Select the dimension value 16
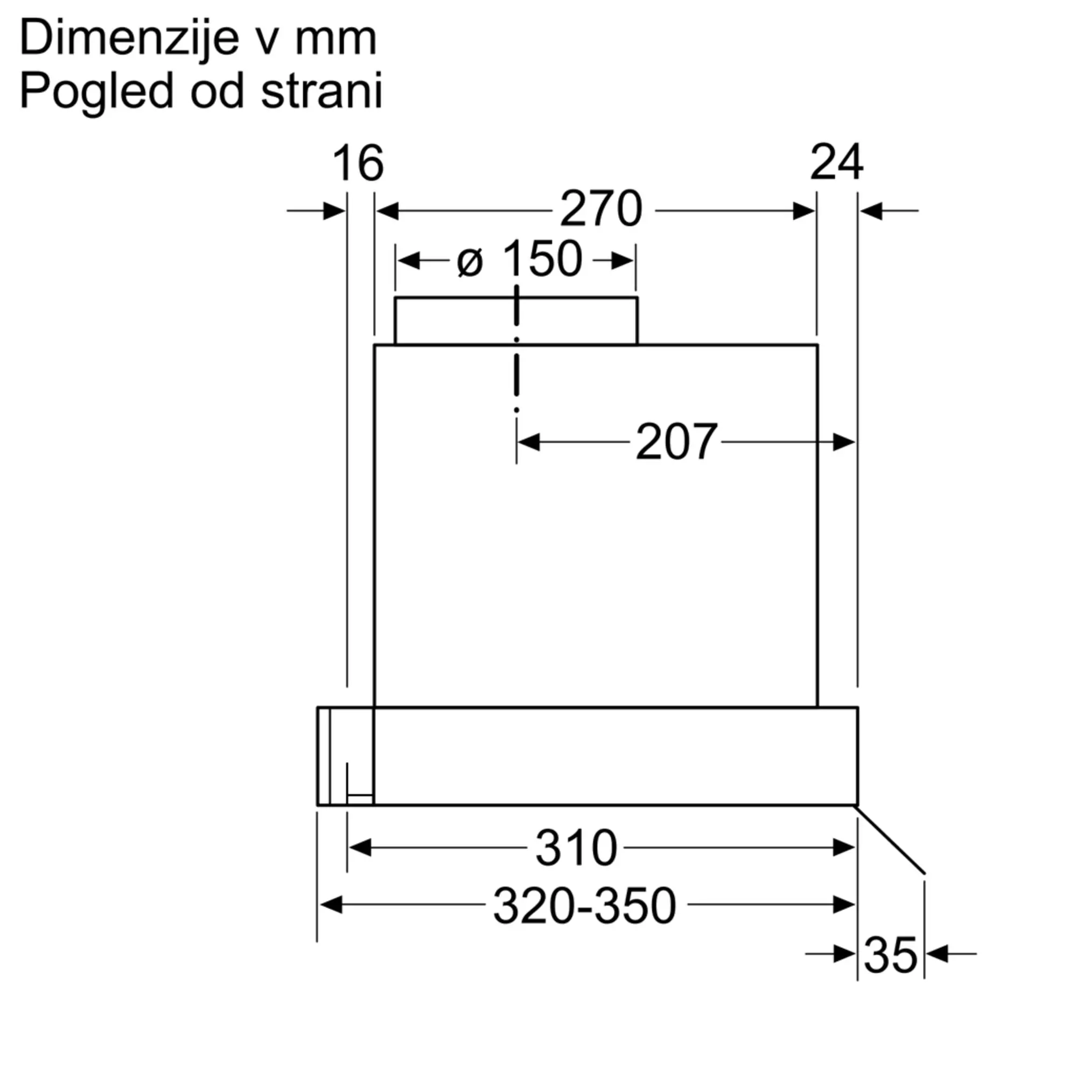(358, 163)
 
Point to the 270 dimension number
(601, 209)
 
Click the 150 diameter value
(542, 259)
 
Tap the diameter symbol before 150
(470, 262)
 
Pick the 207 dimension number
(676, 442)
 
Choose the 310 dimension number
(576, 848)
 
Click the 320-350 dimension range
(585, 906)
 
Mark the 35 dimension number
(890, 955)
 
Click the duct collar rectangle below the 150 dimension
(516, 321)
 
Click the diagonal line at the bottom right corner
(890, 840)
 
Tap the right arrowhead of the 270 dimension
(804, 211)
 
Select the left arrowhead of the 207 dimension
(528, 442)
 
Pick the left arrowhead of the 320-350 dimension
(331, 905)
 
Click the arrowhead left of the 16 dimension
(334, 211)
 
